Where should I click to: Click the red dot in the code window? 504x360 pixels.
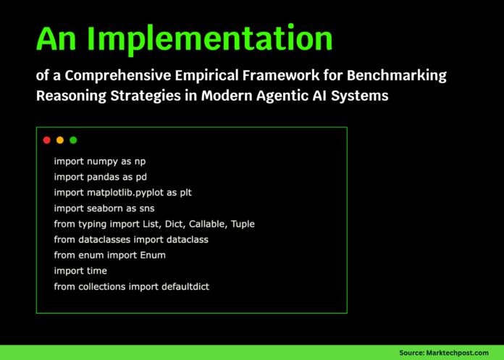(x=46, y=140)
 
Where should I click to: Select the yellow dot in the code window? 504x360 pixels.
(x=60, y=140)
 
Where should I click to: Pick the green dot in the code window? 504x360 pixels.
(x=73, y=140)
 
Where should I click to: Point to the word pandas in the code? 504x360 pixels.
(x=103, y=177)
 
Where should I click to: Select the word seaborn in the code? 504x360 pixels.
(x=105, y=209)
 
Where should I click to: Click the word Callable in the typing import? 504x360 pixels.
(x=209, y=225)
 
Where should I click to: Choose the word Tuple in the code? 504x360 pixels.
(x=243, y=225)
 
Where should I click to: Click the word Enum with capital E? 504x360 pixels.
(x=154, y=255)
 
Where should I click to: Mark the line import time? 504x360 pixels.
(x=80, y=271)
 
